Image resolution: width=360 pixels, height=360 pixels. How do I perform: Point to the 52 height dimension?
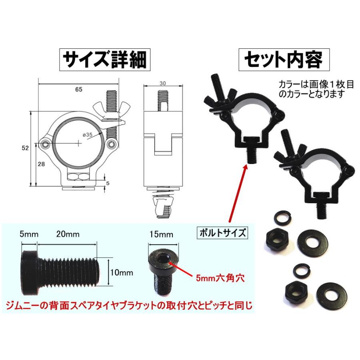coord(25,148)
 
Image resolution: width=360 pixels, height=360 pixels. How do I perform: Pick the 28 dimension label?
coord(42,164)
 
